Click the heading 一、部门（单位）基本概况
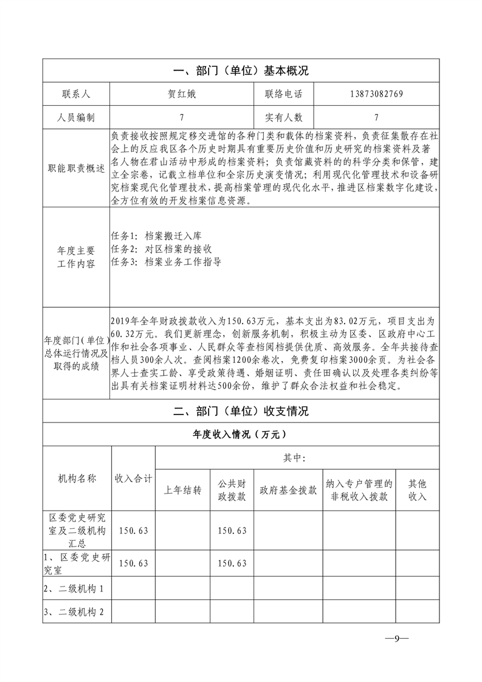coord(241,71)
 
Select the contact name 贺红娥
coord(182,94)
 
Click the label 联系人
coord(76,94)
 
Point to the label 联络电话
coord(283,94)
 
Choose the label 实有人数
coord(283,117)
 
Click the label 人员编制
coord(76,117)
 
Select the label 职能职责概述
coord(76,168)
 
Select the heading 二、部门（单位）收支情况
coord(241,412)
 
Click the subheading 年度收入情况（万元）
coord(241,435)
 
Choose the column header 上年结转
coord(182,491)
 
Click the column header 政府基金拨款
coord(288,491)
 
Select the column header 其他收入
coord(418,490)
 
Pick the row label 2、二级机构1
coord(74,589)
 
